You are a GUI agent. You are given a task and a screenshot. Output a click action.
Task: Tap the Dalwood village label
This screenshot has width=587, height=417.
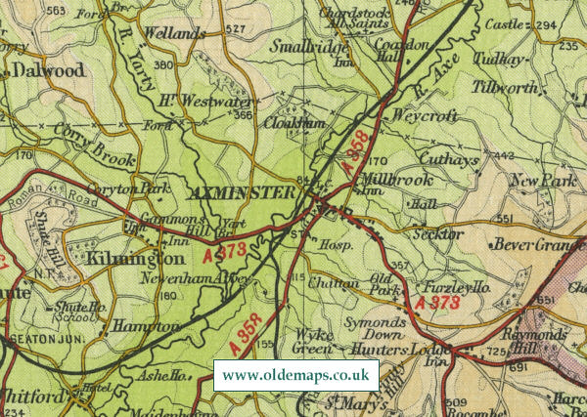[x=48, y=70]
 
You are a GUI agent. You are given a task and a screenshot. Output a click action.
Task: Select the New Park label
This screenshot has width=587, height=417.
[x=543, y=181]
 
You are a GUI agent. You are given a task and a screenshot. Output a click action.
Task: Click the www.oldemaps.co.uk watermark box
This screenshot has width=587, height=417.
[x=295, y=375]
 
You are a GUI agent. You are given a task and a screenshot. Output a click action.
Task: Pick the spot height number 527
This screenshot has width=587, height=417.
[x=235, y=30]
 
